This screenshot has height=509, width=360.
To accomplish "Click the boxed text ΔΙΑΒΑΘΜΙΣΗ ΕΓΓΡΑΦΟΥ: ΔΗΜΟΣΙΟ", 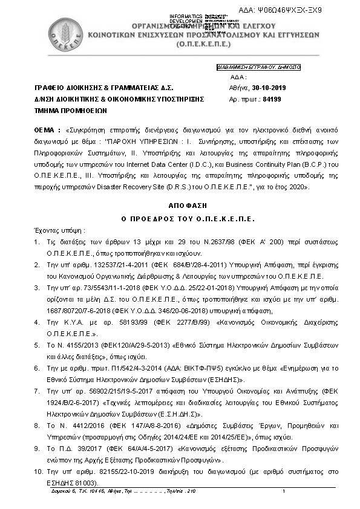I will pyautogui.click(x=258, y=68).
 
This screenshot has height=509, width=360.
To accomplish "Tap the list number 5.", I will pyautogui.click(x=37, y=342).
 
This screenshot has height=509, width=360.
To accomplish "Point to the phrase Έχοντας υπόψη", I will pyautogui.click(x=59, y=230).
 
